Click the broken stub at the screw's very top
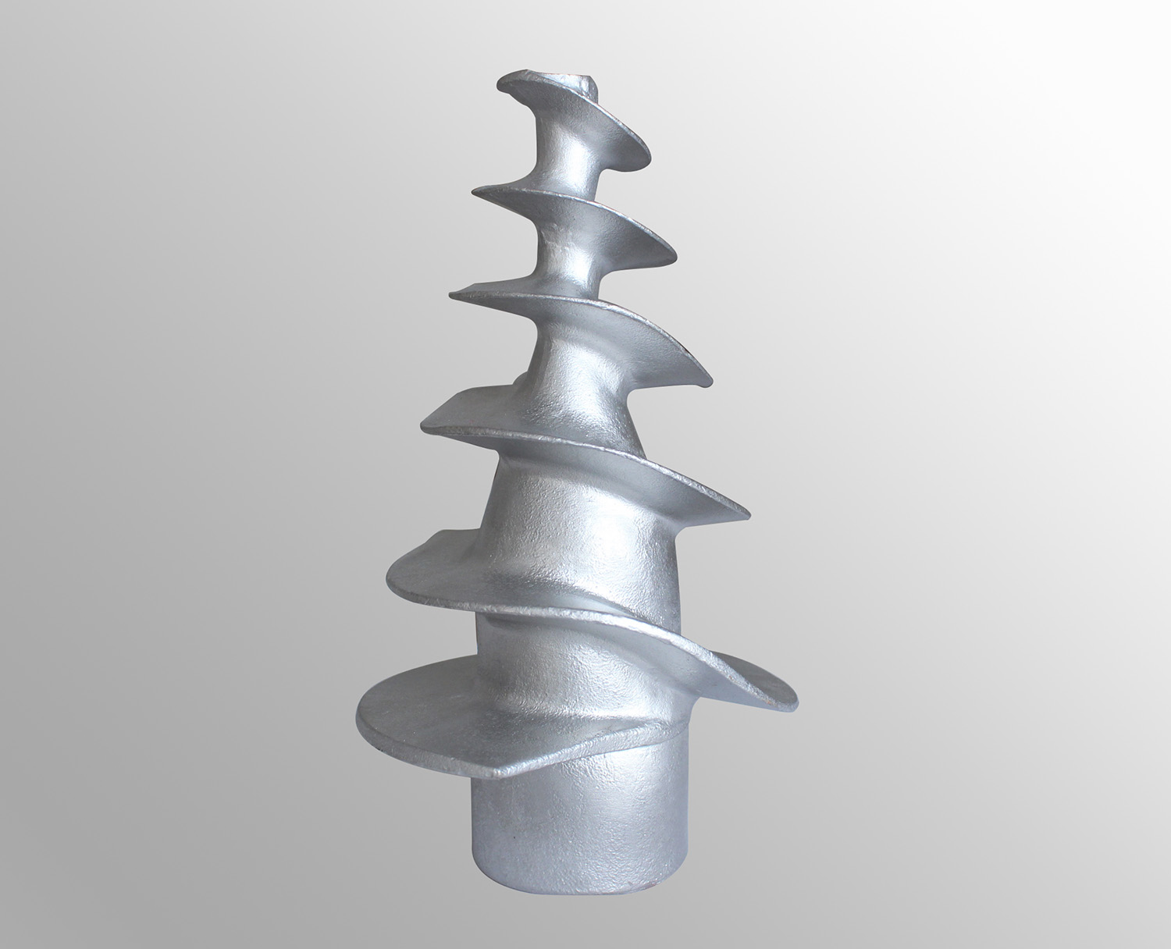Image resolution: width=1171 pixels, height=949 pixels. point(585,80)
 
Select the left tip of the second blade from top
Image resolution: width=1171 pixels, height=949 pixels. point(474,190)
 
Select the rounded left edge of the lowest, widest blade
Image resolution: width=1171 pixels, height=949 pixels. point(359,714)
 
